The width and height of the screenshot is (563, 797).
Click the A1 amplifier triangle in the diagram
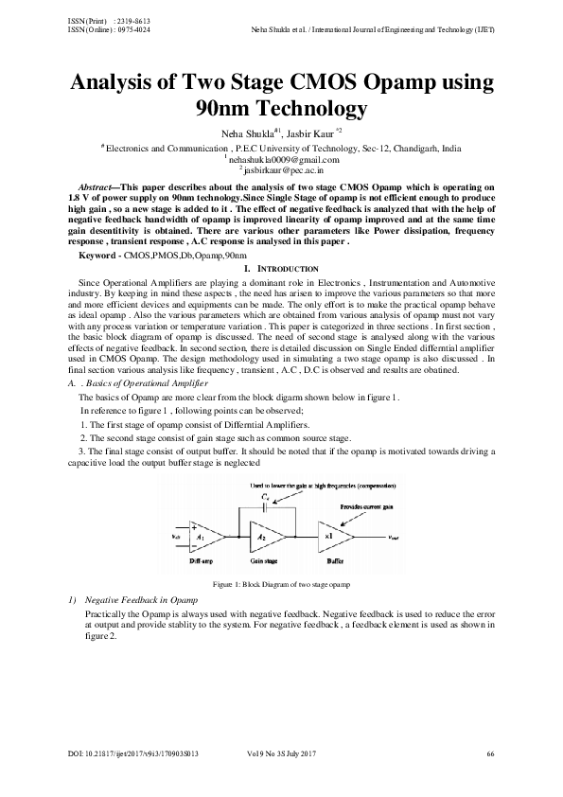[207, 536]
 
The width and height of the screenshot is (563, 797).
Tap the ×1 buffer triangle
[332, 536]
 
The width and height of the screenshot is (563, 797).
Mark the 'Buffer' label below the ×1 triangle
[331, 561]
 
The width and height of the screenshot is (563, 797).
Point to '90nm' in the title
[224, 110]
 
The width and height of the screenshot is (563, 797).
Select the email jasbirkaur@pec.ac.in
[281, 171]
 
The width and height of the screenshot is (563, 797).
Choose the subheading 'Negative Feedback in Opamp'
[141, 601]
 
